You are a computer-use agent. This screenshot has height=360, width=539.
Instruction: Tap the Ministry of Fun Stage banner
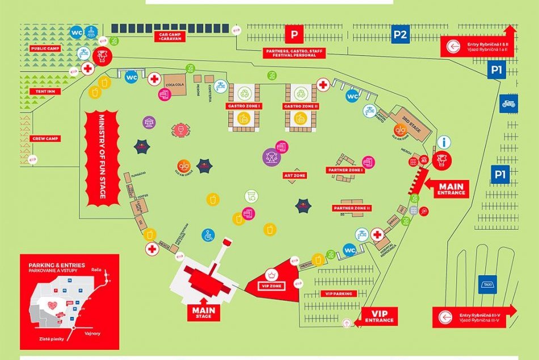coord(102,158)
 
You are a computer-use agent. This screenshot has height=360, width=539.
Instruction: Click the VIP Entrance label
coord(377,316)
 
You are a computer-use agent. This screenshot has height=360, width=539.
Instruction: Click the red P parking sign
coord(294,35)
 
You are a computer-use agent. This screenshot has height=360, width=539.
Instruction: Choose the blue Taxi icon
coord(487,283)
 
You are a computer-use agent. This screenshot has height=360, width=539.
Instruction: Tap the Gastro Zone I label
coord(243,106)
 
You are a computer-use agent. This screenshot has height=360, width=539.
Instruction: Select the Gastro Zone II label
coord(300,106)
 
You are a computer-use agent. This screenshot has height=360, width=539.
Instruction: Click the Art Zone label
coord(295,176)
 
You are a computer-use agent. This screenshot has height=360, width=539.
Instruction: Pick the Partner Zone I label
coord(344,170)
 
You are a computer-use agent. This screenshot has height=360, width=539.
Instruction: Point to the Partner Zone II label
coord(352,208)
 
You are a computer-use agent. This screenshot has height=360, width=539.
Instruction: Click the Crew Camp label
coord(45,138)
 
